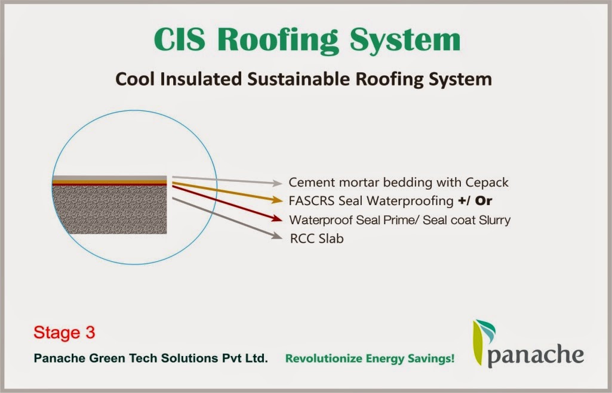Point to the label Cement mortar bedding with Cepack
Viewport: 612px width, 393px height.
click(398, 182)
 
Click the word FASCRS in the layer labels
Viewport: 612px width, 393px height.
click(312, 201)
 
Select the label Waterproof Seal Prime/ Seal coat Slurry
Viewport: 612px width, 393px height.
click(399, 220)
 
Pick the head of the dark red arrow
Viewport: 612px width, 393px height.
click(278, 219)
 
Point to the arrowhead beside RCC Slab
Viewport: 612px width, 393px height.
click(276, 237)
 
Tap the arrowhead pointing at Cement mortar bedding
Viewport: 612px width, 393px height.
click(277, 182)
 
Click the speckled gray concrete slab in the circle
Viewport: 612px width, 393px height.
click(109, 209)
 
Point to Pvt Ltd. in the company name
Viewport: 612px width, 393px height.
click(245, 358)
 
